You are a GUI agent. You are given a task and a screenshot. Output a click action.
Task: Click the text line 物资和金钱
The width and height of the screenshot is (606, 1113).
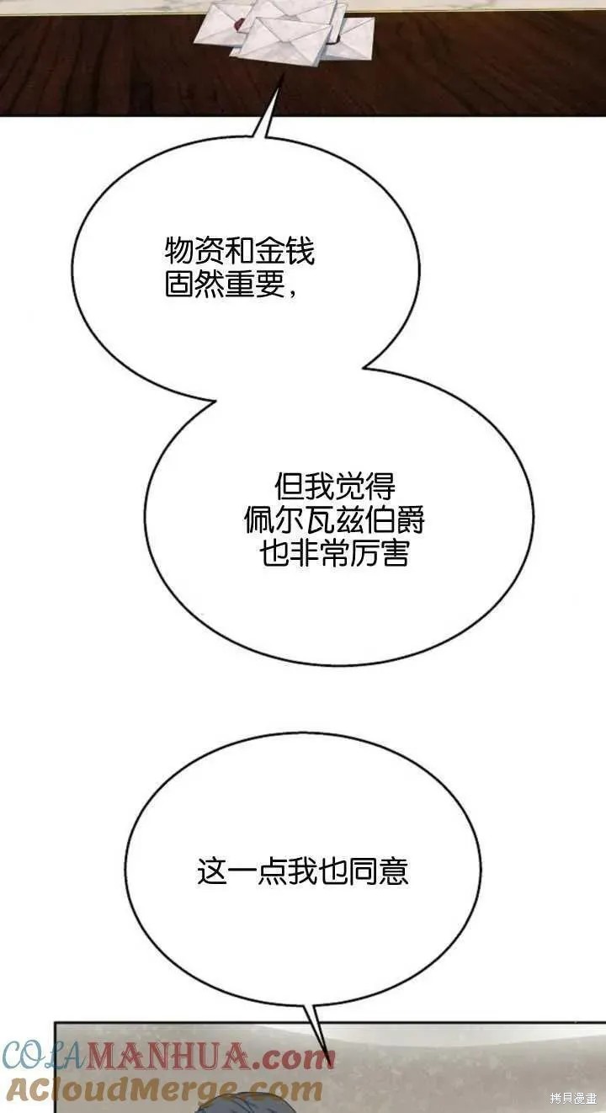pos(239,252)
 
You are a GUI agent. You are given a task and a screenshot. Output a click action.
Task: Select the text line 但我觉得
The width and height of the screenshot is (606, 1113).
pos(335,487)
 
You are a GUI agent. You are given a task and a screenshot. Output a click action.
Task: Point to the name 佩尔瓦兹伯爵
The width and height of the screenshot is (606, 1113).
pos(334,519)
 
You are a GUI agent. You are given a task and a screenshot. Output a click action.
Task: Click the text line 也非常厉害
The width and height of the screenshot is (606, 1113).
pos(334,553)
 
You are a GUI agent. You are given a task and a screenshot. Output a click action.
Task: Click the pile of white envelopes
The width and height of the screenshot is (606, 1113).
pos(284,29)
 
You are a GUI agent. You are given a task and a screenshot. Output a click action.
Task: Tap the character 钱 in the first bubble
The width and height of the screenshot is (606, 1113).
pos(300,252)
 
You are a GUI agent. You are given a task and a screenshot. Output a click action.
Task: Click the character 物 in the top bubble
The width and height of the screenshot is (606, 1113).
pos(179,252)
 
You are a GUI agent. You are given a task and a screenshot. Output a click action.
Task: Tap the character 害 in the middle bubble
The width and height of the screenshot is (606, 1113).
pos(395,553)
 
